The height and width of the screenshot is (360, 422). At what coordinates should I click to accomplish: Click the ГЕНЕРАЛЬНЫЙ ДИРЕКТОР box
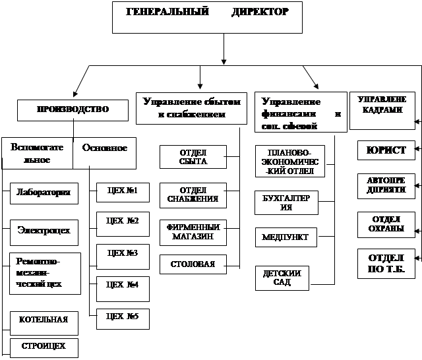click(207, 17)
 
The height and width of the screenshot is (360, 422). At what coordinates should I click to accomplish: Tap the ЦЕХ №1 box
click(122, 193)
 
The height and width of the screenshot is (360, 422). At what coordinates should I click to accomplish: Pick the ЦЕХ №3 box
click(122, 254)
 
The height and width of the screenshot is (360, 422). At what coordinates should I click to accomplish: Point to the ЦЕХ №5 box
click(122, 318)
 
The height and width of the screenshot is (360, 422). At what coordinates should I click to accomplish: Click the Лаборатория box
click(45, 193)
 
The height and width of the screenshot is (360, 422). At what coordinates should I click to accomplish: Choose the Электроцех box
click(45, 231)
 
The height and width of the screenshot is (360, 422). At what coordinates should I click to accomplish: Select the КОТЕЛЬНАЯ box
click(45, 321)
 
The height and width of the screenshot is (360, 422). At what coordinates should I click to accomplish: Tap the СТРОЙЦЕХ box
click(44, 347)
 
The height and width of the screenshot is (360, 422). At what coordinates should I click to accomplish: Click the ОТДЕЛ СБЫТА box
click(193, 157)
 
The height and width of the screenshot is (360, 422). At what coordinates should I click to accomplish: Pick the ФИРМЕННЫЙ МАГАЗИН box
click(193, 232)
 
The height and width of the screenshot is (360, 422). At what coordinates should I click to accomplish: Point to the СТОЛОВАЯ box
click(193, 264)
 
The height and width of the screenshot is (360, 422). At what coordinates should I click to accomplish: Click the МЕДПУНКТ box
click(286, 237)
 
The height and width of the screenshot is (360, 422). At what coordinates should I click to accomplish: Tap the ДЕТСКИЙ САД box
click(282, 278)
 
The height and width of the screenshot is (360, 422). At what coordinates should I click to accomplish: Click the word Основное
click(105, 148)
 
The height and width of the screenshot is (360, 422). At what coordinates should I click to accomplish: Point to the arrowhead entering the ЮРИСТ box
click(417, 151)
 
